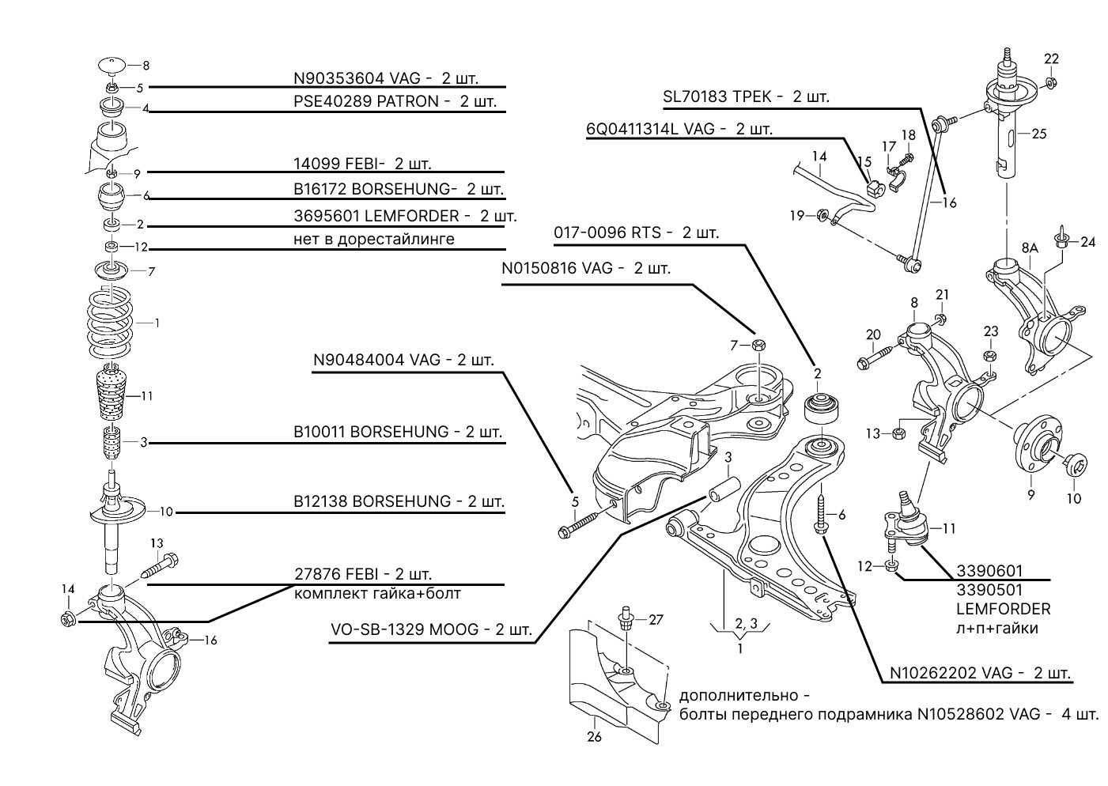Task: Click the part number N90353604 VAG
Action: tap(357, 78)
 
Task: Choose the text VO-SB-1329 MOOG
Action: tap(404, 629)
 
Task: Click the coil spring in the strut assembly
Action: tap(110, 324)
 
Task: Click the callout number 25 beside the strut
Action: tap(1039, 134)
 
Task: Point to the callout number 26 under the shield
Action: tap(594, 737)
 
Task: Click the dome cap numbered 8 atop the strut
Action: tap(111, 65)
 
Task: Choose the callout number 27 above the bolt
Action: tap(656, 620)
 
